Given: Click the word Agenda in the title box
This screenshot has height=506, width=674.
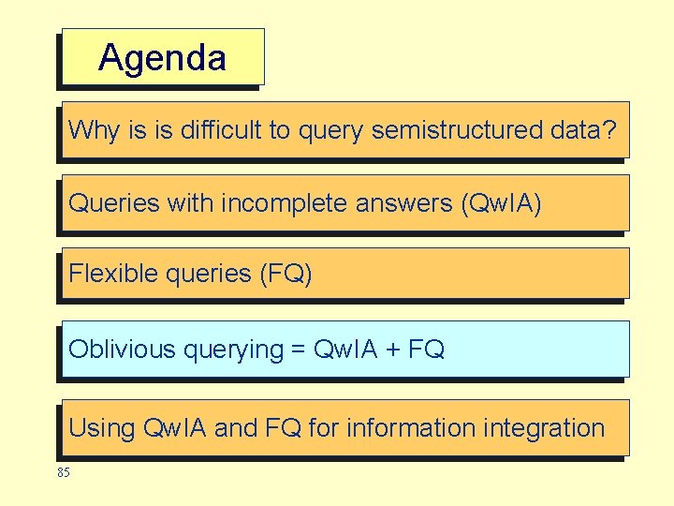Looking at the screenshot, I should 162,58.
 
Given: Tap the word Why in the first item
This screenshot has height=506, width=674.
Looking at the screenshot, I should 95,130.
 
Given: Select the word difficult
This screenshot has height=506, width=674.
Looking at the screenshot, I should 219,130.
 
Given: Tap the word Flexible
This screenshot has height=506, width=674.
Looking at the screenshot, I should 111,274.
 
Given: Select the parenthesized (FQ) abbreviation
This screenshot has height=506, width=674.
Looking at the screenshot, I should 286,274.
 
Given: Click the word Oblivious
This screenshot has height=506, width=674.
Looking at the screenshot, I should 122,350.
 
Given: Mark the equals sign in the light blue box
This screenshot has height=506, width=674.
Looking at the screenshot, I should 299,350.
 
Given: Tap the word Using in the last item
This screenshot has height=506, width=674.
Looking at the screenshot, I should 101,429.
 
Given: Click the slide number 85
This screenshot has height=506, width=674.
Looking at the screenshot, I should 63,472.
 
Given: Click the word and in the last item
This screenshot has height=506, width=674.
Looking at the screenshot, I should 236,428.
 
